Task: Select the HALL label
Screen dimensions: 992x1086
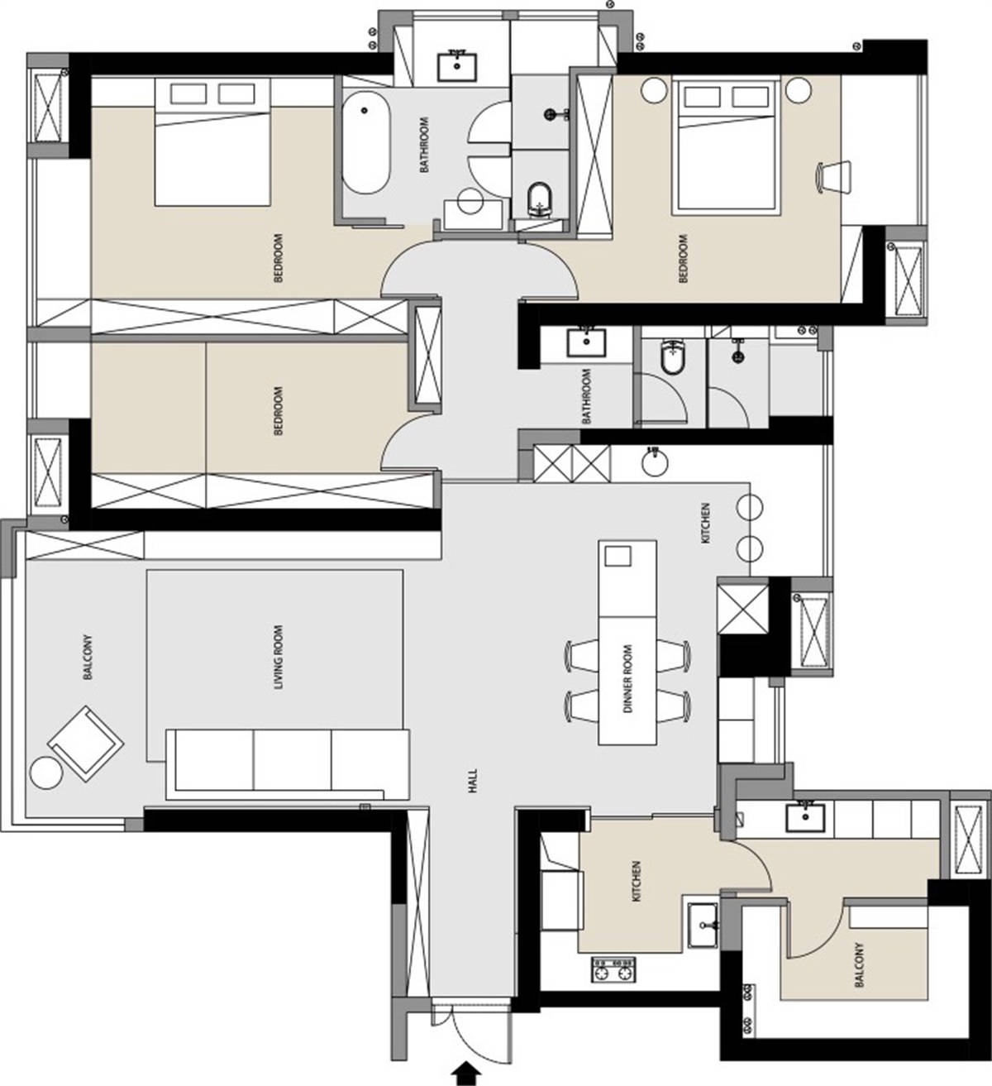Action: (x=473, y=781)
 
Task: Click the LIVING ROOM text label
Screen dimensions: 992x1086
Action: (x=279, y=658)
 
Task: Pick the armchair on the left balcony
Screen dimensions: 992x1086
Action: (x=87, y=744)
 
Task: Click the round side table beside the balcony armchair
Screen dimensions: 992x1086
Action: (x=46, y=773)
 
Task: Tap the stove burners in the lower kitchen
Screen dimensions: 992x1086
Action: (x=613, y=970)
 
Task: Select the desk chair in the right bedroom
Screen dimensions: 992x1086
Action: (x=833, y=176)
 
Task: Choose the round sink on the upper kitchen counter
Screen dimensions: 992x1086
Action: (x=654, y=463)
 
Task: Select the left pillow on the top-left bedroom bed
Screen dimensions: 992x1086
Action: (x=188, y=94)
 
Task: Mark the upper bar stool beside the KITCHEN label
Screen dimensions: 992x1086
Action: (x=750, y=507)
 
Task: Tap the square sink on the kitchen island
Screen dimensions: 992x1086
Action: (x=618, y=556)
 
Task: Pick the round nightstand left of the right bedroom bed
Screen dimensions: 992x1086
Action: (x=654, y=89)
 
